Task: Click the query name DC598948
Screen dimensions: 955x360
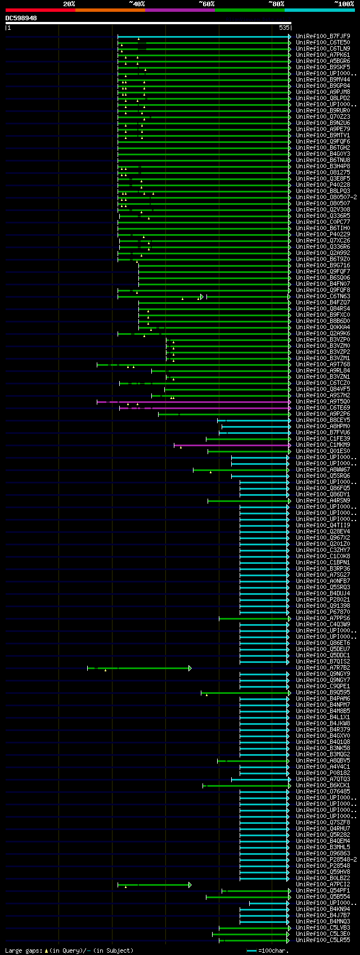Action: [21, 19]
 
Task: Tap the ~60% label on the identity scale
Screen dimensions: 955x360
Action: [206, 4]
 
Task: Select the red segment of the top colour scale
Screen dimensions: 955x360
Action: [40, 10]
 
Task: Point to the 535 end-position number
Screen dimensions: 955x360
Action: [284, 28]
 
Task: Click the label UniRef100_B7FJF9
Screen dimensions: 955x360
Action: [323, 36]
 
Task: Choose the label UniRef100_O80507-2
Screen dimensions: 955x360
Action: [326, 198]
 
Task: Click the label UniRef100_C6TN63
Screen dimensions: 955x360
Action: [323, 297]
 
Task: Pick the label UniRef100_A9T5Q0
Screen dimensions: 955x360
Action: [323, 402]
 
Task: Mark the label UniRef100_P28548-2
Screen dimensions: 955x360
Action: [326, 860]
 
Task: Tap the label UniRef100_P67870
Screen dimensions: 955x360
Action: [323, 612]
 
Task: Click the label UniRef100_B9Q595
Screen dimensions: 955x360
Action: [323, 693]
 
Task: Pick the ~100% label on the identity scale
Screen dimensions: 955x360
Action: [344, 4]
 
